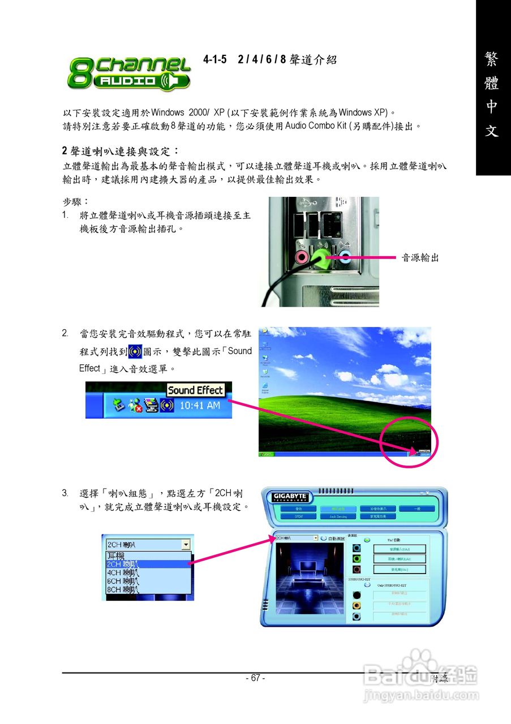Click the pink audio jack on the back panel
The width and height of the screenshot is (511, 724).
pyautogui.click(x=302, y=258)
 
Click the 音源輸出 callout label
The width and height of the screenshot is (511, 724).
pyautogui.click(x=420, y=258)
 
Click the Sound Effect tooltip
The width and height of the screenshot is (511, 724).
pyautogui.click(x=196, y=390)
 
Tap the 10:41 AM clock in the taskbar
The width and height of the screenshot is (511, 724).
pyautogui.click(x=200, y=406)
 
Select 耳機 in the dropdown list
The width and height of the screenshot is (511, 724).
pyautogui.click(x=116, y=556)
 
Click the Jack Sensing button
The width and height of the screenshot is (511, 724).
pyautogui.click(x=338, y=516)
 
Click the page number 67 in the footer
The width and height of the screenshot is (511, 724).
pyautogui.click(x=255, y=678)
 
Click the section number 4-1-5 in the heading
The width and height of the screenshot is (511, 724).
pyautogui.click(x=216, y=59)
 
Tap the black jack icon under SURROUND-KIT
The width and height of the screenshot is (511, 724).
pyautogui.click(x=357, y=594)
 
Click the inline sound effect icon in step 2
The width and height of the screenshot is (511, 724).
pyautogui.click(x=135, y=351)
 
